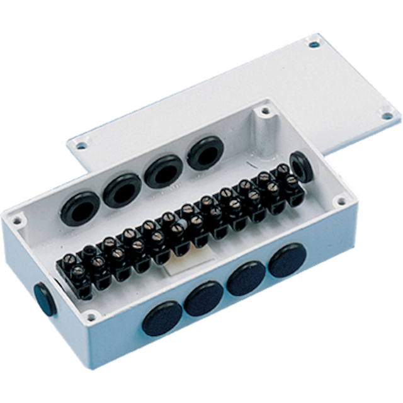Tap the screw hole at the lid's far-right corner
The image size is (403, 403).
[381, 115]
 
